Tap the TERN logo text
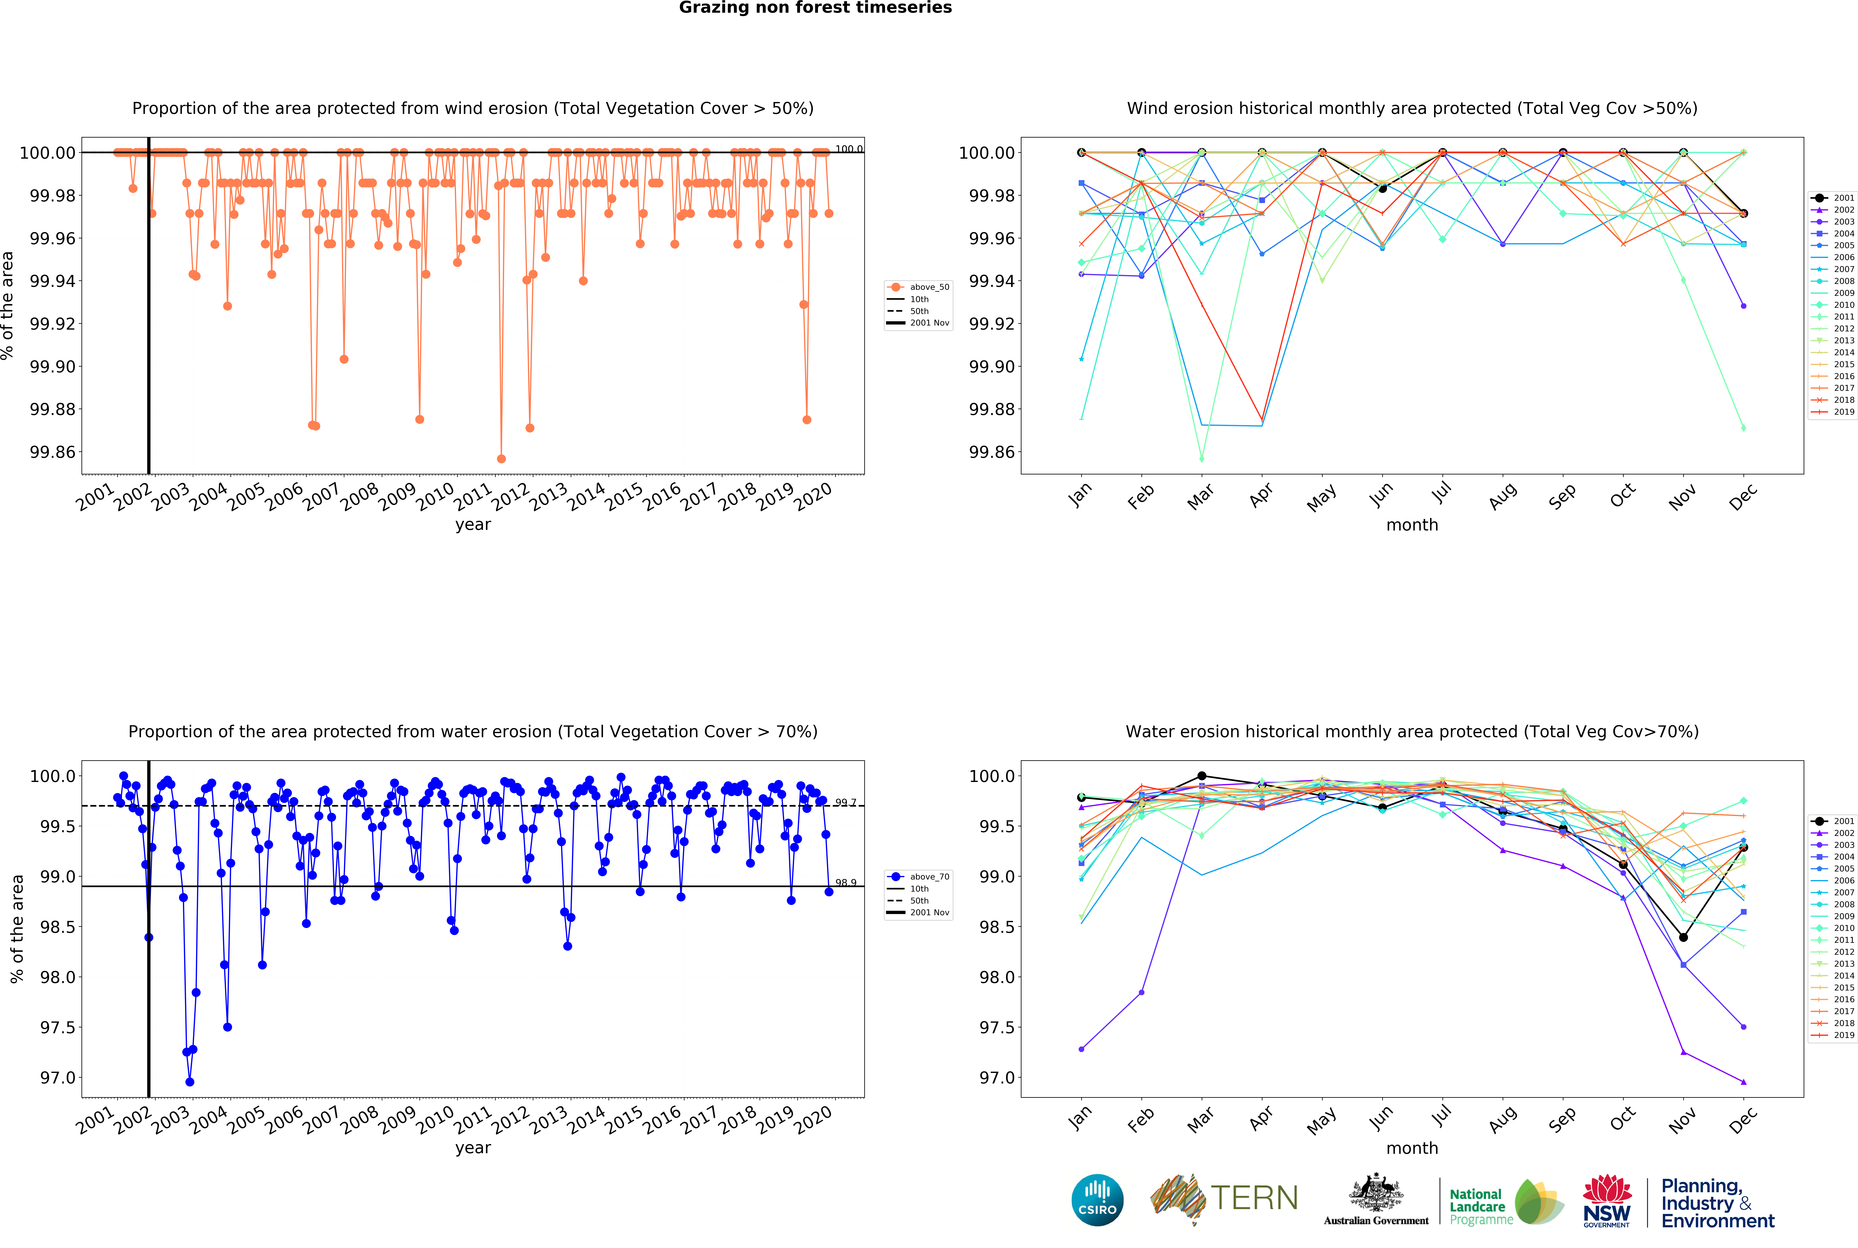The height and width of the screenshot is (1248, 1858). [x=1254, y=1198]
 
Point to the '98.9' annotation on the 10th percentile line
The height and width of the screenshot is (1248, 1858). [x=845, y=883]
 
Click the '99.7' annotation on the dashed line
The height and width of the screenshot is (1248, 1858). [x=845, y=802]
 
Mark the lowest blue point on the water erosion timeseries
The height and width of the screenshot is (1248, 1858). [x=189, y=1082]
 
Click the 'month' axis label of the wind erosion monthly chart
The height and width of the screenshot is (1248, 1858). [x=1411, y=524]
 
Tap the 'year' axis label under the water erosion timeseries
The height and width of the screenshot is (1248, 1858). [x=473, y=1148]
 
